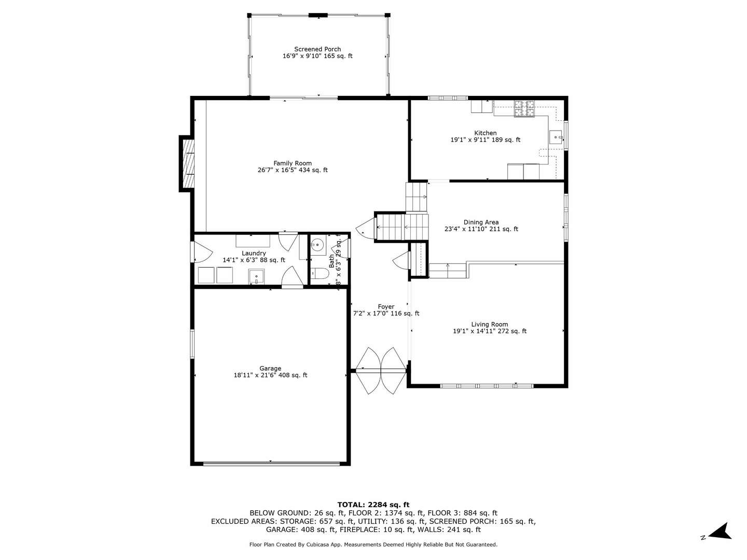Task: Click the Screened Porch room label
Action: pyautogui.click(x=317, y=49)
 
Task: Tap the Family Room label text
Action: pyautogui.click(x=293, y=163)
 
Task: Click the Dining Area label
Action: pyautogui.click(x=481, y=222)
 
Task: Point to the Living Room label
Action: pyautogui.click(x=489, y=325)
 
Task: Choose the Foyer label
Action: pyautogui.click(x=386, y=307)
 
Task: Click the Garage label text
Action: pyautogui.click(x=270, y=369)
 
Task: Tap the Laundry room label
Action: pyautogui.click(x=254, y=253)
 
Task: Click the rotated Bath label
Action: pyautogui.click(x=332, y=260)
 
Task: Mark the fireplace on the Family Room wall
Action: pyautogui.click(x=187, y=163)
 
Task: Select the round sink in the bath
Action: pyautogui.click(x=318, y=244)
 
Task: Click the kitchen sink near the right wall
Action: pyautogui.click(x=556, y=137)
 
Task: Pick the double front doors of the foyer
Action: pyautogui.click(x=380, y=370)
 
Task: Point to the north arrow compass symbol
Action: pyautogui.click(x=720, y=532)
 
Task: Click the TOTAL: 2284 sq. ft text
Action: pyautogui.click(x=373, y=505)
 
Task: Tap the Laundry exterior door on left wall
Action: pyautogui.click(x=201, y=253)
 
